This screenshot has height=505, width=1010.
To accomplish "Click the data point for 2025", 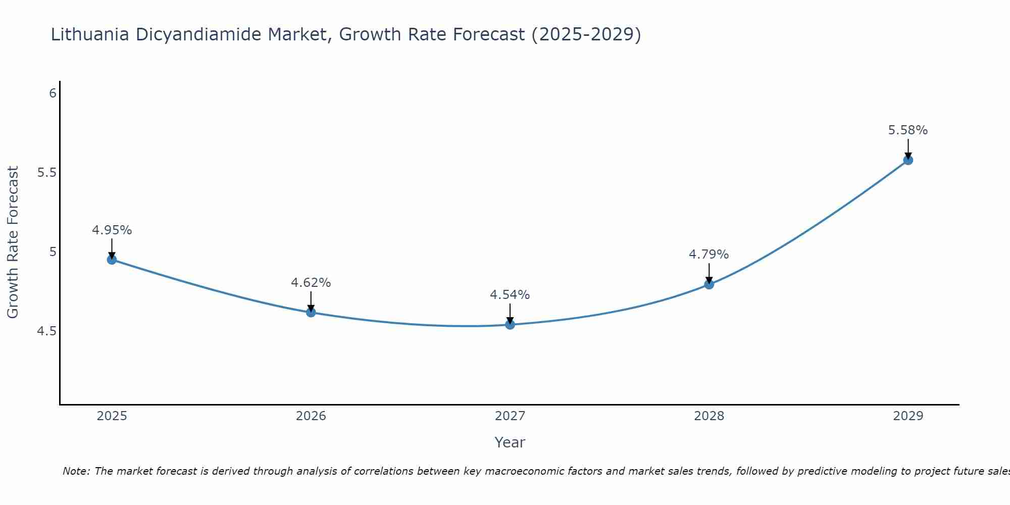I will click(112, 260).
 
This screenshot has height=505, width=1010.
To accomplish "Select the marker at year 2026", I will click(311, 312).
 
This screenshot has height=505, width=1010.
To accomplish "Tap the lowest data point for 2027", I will click(510, 324).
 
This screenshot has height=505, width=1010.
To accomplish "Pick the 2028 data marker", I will click(709, 284).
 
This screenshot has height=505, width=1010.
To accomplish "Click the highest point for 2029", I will click(908, 160).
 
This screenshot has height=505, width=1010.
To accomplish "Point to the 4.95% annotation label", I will click(112, 230).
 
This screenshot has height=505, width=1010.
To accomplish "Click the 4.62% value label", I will click(311, 283).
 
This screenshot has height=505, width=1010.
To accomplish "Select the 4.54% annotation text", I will click(510, 295).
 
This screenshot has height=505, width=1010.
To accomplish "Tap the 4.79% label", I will click(709, 255).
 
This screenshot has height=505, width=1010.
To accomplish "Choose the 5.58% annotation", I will click(907, 130).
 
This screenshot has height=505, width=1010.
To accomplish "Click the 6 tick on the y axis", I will click(53, 93).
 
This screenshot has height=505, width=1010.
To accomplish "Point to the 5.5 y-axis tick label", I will click(46, 173).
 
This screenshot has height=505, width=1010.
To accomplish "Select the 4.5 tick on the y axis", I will click(46, 331).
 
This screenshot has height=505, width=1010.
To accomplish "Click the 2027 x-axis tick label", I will click(510, 416).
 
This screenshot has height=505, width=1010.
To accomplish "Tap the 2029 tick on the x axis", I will click(908, 416).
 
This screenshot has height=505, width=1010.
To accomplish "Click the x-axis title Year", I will click(510, 442).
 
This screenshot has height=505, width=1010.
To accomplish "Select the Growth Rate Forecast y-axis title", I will click(13, 242).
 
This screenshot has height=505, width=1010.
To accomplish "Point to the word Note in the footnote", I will click(76, 471).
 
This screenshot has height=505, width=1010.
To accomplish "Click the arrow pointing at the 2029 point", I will click(908, 148).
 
